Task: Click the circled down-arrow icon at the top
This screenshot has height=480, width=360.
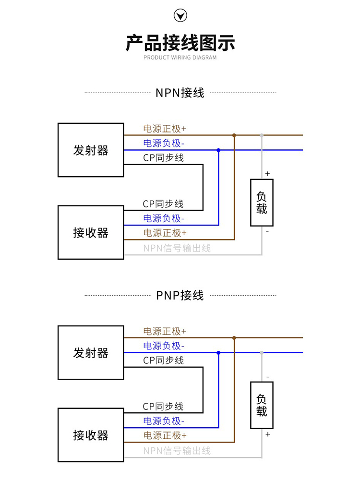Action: [180, 16]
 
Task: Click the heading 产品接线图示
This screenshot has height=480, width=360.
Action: [180, 43]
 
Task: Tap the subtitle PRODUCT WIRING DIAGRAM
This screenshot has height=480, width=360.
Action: [180, 58]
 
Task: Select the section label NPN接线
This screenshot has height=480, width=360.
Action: [180, 93]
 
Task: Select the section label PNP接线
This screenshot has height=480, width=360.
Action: [180, 295]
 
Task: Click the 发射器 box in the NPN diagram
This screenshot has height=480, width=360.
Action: [91, 150]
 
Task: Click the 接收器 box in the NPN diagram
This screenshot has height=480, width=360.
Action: [91, 232]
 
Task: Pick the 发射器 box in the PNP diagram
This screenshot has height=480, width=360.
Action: [91, 353]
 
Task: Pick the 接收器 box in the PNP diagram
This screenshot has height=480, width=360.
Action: [91, 435]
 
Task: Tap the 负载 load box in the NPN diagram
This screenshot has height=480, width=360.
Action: [262, 203]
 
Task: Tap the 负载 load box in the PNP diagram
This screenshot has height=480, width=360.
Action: [262, 405]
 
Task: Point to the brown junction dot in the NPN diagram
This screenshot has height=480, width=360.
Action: [234, 135]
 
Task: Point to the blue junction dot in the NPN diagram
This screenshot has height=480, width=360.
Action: [218, 150]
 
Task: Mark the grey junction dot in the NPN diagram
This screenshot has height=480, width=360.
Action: [262, 135]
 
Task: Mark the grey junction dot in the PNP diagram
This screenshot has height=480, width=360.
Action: [262, 353]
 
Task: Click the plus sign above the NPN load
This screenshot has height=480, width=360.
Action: [267, 173]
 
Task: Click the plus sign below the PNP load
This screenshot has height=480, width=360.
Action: [267, 434]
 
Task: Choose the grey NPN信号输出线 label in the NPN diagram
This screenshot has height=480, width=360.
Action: [177, 248]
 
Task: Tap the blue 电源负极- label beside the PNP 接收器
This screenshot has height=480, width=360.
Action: [164, 421]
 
